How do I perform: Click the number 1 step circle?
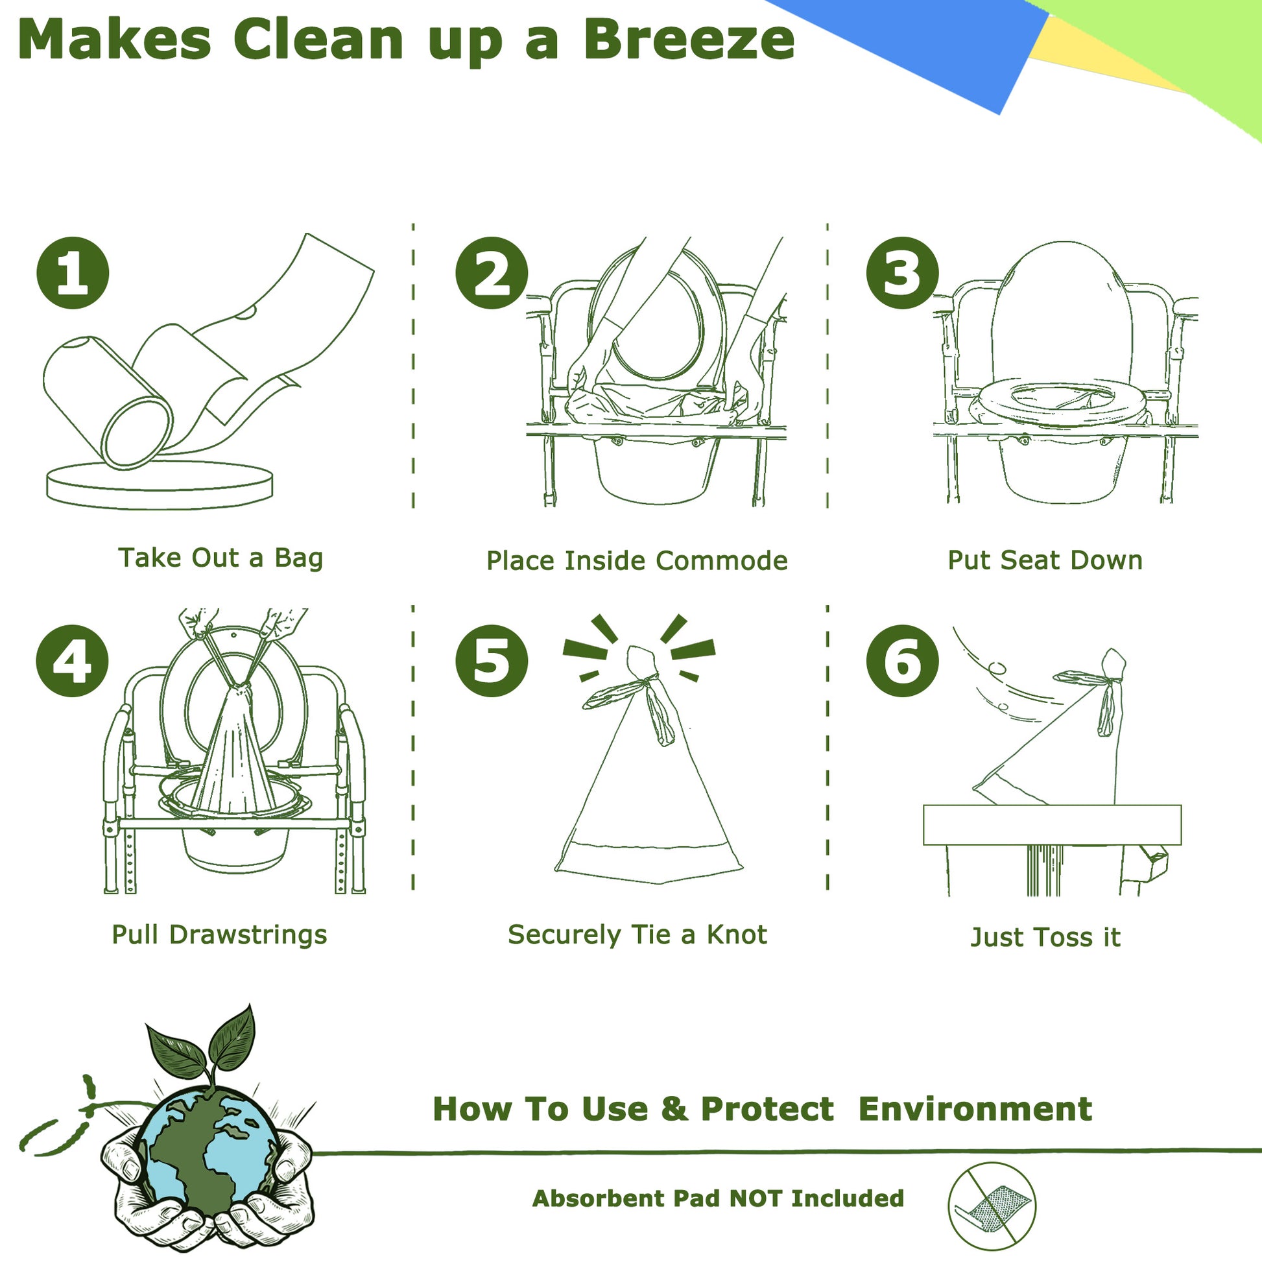(73, 272)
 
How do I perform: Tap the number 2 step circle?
(491, 272)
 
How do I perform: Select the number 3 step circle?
(902, 272)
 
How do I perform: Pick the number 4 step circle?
(73, 660)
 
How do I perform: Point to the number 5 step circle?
(491, 660)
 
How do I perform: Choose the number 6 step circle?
(902, 660)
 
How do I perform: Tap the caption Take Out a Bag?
(220, 559)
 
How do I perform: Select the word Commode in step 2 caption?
(721, 560)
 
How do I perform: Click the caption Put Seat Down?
(1045, 560)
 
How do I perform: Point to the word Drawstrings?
(248, 935)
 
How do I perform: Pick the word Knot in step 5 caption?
(737, 934)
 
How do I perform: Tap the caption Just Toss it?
(1045, 937)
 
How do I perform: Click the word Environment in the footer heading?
(975, 1109)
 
